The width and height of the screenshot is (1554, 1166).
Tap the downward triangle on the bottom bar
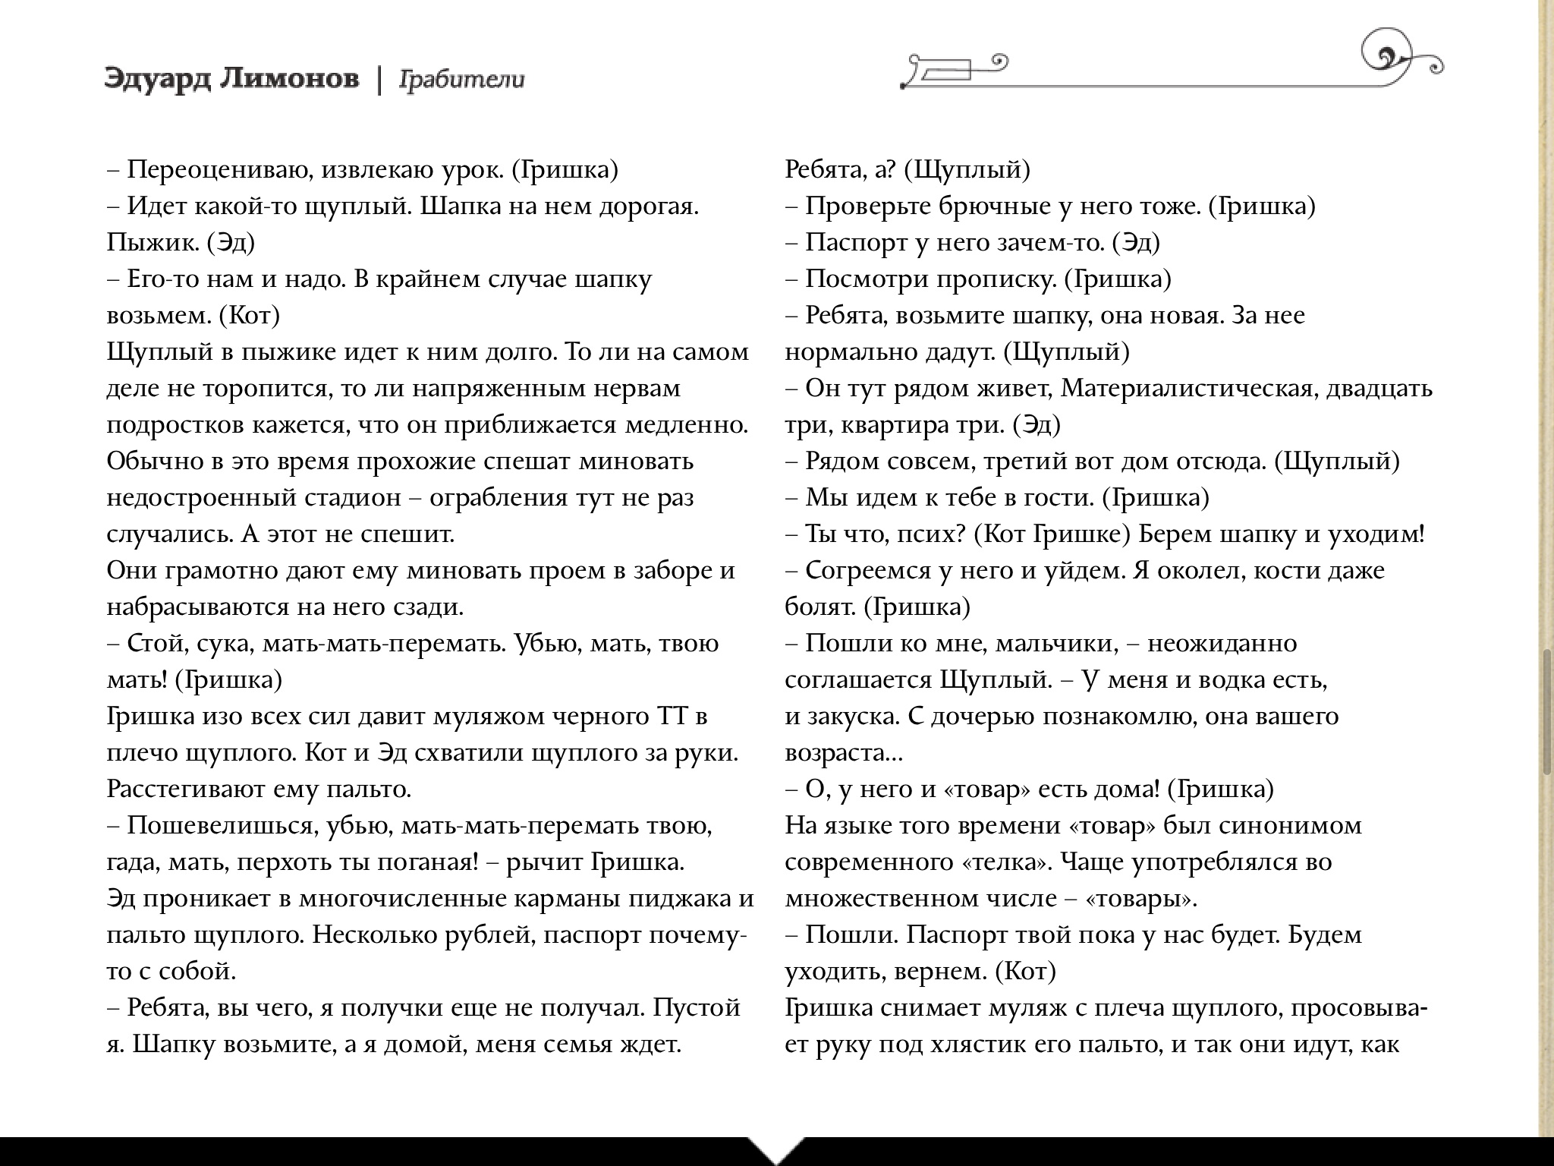(775, 1149)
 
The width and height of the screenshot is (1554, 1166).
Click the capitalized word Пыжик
(152, 243)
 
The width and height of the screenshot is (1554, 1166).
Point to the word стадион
(352, 498)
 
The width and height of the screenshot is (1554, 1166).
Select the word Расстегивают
(186, 789)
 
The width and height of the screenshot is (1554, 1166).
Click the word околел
(1198, 571)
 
